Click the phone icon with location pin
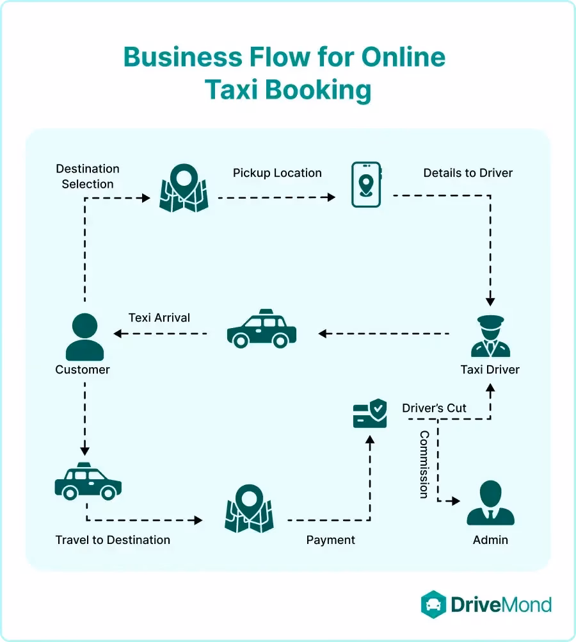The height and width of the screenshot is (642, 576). pos(366,185)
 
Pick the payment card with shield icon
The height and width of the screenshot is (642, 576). pos(370,414)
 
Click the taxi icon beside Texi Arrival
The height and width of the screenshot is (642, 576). pos(262,329)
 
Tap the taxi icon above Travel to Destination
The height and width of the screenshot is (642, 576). pos(88,481)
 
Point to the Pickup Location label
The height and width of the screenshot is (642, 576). pos(277,173)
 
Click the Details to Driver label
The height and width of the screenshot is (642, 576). pos(468,173)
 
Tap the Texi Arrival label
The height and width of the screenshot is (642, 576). pos(159,318)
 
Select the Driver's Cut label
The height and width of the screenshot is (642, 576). pos(434,408)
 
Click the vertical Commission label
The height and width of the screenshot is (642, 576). pos(424,465)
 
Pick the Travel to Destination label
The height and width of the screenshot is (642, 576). pos(113,539)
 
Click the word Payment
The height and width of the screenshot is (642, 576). pos(330,539)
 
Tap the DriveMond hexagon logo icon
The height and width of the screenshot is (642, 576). pos(433,604)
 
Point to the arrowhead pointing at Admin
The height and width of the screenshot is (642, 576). pos(456,501)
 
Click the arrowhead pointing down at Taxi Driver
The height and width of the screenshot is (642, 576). pos(490,300)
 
